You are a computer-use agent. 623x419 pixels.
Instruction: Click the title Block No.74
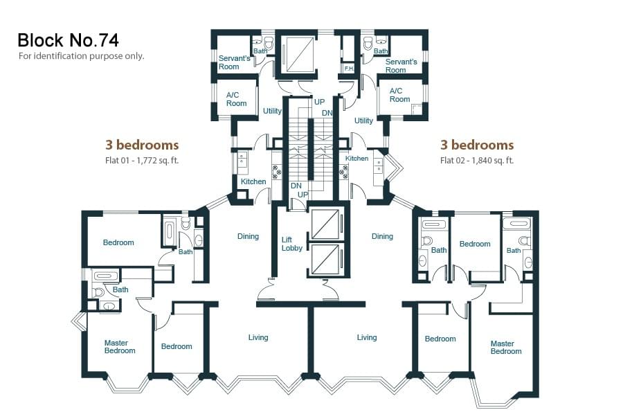68,40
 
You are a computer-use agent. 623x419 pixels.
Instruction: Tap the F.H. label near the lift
349,69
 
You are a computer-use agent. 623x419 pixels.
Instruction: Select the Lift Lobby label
292,244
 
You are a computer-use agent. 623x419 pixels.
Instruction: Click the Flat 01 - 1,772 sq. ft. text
142,161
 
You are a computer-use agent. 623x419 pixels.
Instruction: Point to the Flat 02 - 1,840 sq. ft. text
477,161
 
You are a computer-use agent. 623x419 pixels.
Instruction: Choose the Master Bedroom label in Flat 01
120,347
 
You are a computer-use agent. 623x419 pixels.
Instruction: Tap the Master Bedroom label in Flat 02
506,348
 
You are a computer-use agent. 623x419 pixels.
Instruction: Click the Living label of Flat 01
258,337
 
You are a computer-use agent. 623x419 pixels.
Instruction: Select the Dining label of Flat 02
382,237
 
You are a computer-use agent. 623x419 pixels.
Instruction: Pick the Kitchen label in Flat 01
253,181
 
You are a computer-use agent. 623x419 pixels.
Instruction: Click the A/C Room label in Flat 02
399,95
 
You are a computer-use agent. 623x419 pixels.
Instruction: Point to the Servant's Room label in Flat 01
234,62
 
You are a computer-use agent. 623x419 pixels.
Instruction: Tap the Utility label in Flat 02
363,121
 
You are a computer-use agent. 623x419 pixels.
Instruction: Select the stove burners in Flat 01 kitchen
276,170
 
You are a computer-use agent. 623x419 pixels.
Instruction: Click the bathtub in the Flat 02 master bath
516,223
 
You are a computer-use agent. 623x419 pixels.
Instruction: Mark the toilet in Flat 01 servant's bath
269,42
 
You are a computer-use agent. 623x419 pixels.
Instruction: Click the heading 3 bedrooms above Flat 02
477,145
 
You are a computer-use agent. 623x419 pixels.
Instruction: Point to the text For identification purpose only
81,56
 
